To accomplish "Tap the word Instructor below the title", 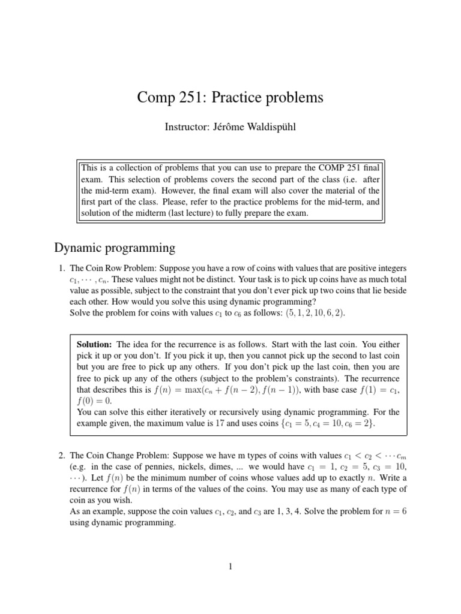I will coord(185,128).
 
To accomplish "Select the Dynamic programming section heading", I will coord(115,247).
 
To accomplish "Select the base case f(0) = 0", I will coord(94,402).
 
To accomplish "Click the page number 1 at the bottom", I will coord(230,566).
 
